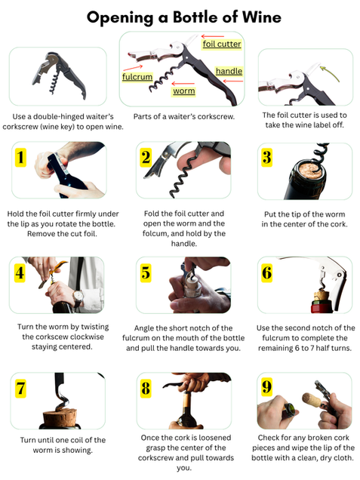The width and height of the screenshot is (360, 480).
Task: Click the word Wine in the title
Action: pos(262,17)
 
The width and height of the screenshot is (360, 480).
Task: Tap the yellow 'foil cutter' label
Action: pos(222,44)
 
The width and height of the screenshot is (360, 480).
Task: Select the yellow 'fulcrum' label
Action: pos(137,76)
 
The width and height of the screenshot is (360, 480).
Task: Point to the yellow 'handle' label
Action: pos(229,72)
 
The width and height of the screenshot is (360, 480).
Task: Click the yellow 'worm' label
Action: pos(183,91)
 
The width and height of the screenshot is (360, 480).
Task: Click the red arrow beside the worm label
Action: pos(183,83)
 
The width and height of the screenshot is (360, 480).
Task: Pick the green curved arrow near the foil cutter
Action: pos(331,73)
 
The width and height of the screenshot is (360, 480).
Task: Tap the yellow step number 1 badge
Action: pos(20,157)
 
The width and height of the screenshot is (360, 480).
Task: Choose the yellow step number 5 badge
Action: pos(146,272)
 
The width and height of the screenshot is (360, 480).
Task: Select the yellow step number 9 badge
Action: pos(267,387)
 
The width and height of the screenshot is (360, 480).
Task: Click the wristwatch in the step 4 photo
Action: pos(78,297)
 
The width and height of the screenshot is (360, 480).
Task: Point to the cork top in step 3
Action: pos(309,170)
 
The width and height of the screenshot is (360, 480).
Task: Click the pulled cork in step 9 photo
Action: pos(312,400)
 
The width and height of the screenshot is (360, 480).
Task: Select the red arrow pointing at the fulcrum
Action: pos(133,68)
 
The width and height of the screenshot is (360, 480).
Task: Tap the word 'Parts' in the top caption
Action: pos(142,117)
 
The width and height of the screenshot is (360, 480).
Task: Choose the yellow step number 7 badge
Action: pos(20,389)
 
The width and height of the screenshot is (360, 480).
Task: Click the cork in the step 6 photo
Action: pos(321,295)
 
